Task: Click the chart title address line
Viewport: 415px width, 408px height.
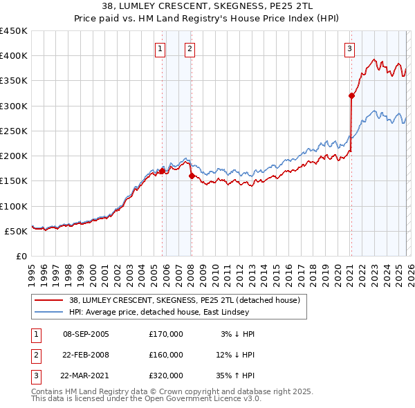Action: [207, 6]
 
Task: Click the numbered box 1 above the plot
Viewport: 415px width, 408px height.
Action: [160, 48]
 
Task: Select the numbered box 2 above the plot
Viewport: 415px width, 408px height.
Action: [189, 48]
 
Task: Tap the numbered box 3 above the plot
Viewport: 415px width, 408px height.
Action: [350, 48]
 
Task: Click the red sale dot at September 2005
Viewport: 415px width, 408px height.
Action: [163, 171]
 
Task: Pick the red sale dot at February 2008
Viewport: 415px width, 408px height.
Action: [192, 176]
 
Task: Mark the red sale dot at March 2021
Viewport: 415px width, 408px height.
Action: [351, 96]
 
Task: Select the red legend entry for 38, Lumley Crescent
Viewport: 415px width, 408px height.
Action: [184, 300]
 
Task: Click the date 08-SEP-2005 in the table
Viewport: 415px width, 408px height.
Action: [86, 334]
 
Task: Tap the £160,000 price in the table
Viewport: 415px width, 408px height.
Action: [166, 355]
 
